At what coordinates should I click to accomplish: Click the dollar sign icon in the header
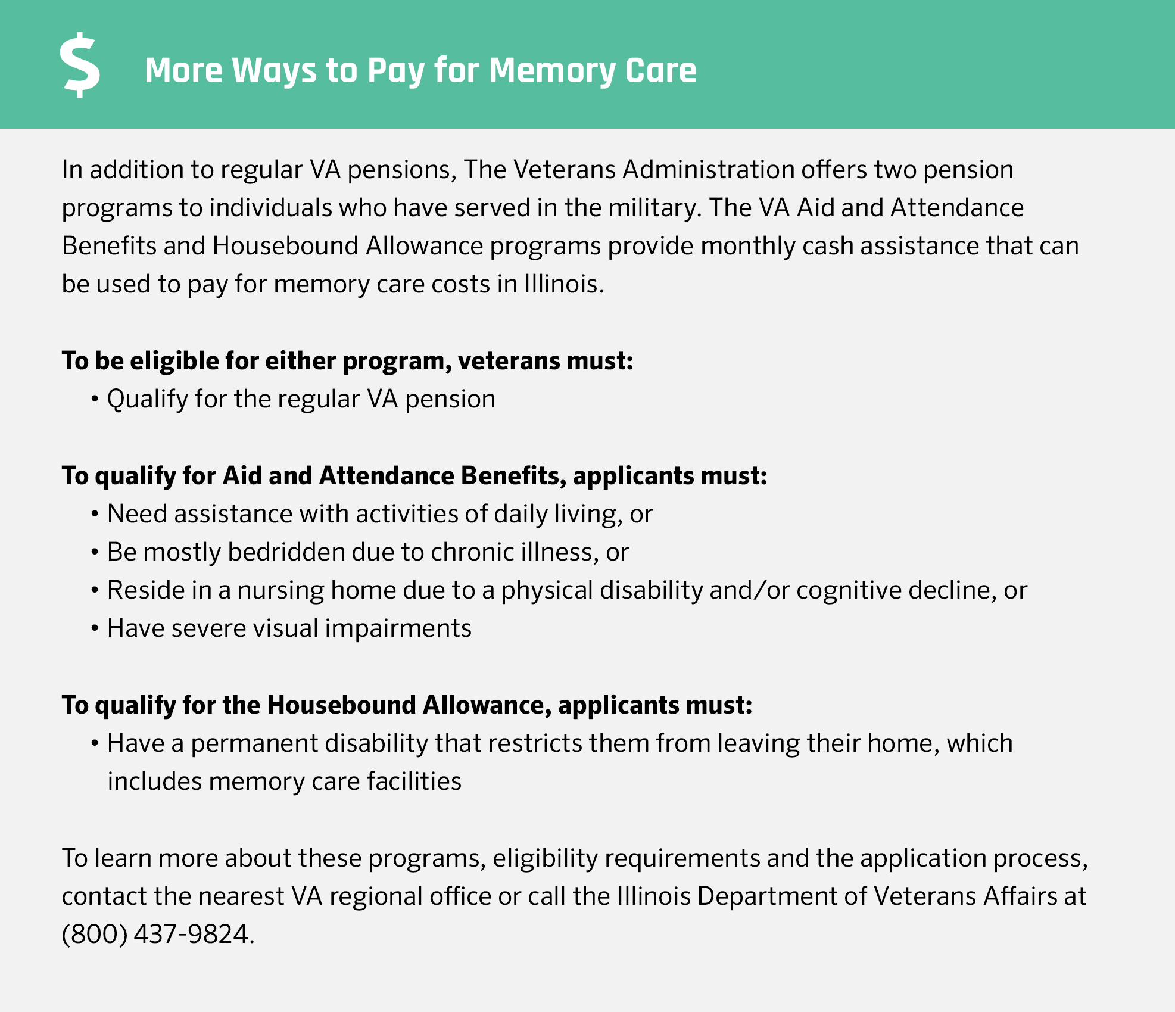click(80, 66)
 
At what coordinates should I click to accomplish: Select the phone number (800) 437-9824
click(158, 933)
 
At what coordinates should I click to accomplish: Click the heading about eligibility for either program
click(347, 361)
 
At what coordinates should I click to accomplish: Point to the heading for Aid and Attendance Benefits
click(414, 476)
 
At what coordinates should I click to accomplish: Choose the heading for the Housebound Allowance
click(407, 705)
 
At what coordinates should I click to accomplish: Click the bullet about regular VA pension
click(301, 399)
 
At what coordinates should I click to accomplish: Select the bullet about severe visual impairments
click(289, 628)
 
